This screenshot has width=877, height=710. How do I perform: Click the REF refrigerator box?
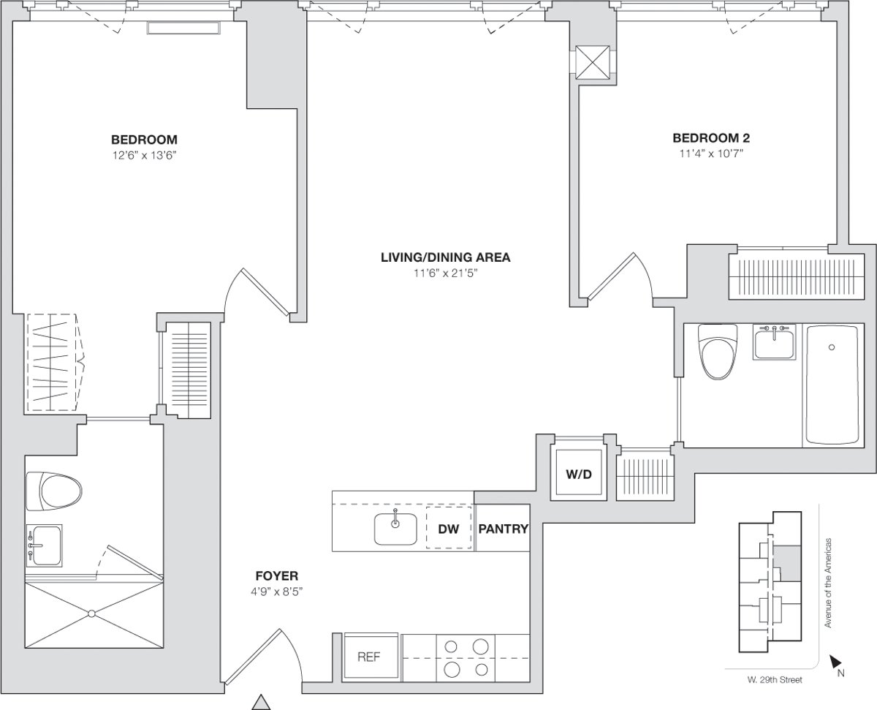(x=369, y=657)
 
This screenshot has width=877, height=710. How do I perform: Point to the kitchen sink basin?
(x=395, y=529)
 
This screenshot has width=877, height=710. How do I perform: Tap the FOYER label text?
(x=276, y=575)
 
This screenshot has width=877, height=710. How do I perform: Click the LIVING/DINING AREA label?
(x=445, y=257)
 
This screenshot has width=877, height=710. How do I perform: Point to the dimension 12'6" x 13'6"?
(x=144, y=154)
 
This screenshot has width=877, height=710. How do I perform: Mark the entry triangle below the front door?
(x=261, y=702)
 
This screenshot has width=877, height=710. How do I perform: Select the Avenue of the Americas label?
(x=828, y=583)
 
